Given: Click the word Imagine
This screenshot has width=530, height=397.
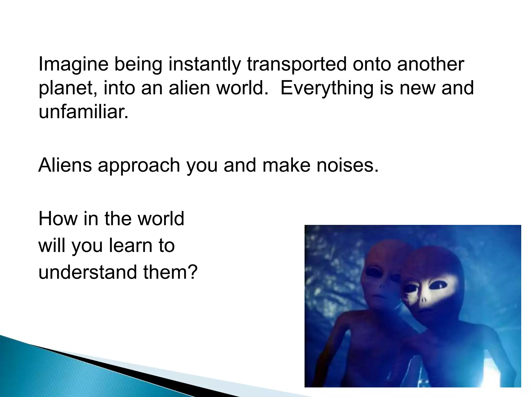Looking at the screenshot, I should (x=73, y=65).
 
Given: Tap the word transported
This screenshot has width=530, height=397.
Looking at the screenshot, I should (x=297, y=65).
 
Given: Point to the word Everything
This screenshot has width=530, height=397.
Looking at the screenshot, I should (x=327, y=88).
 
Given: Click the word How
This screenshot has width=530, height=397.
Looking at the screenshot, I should (x=58, y=219).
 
